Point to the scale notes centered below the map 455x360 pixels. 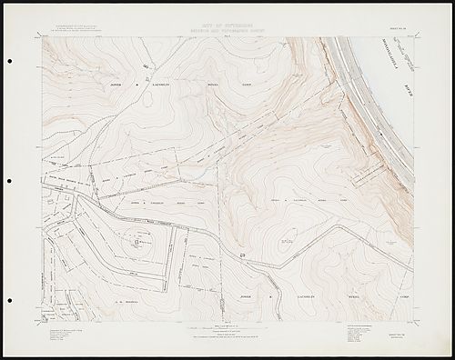(x=227, y=330)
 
